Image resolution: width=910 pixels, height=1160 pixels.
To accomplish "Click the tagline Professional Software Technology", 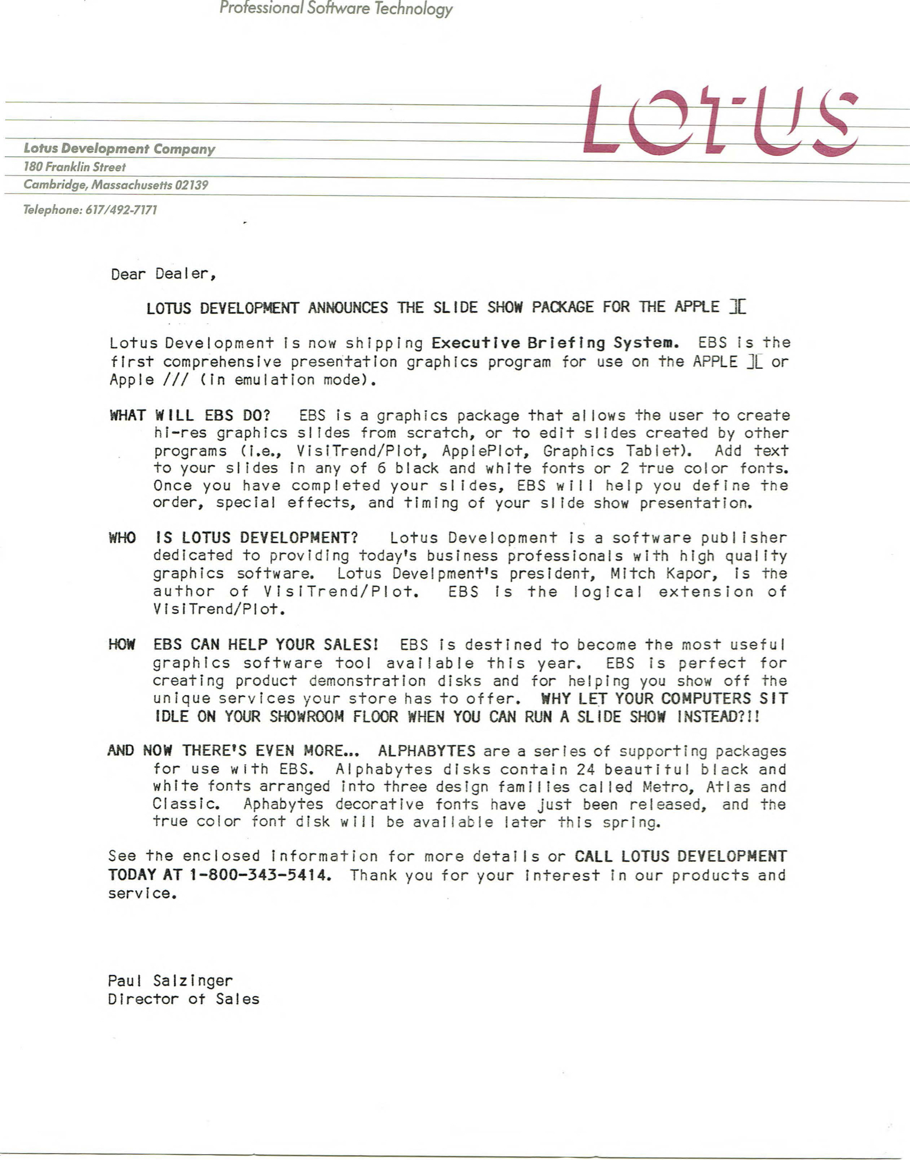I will coord(336,9).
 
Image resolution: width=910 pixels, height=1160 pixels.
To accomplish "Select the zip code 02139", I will coord(191,185).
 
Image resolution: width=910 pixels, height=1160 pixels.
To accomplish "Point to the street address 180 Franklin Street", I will coord(74,167).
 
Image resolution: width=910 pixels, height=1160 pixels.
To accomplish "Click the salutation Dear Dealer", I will coord(163,274).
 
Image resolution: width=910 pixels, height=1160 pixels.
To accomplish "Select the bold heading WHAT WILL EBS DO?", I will coord(189,415).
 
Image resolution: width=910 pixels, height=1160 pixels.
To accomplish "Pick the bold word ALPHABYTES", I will coord(426,751).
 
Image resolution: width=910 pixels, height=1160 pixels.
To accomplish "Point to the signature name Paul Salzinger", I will coord(170,981).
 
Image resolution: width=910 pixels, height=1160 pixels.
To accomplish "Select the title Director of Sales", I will coord(183,999).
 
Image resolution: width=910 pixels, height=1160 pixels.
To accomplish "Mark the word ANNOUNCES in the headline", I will coord(348,308).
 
